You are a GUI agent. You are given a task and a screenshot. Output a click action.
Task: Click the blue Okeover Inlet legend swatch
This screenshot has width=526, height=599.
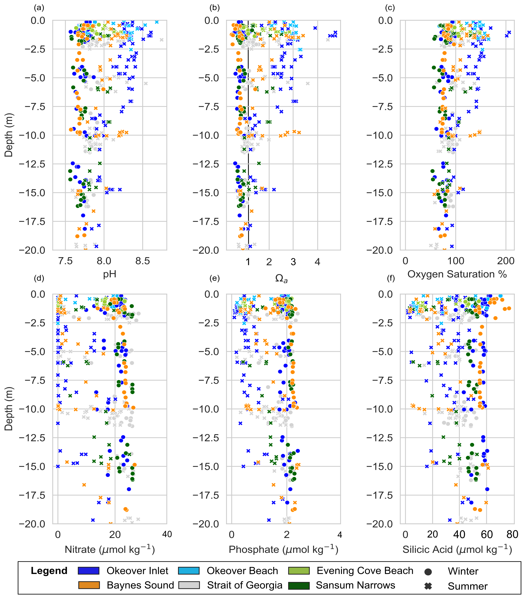click(x=88, y=571)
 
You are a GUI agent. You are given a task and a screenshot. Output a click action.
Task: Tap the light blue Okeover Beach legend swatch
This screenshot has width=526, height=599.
click(x=189, y=571)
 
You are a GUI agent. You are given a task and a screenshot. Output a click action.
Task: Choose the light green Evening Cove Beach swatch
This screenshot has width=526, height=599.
click(x=298, y=571)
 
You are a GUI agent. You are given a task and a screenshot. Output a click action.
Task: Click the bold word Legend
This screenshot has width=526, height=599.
click(x=49, y=571)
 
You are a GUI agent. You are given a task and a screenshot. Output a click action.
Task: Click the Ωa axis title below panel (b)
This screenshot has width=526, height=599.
click(x=281, y=278)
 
